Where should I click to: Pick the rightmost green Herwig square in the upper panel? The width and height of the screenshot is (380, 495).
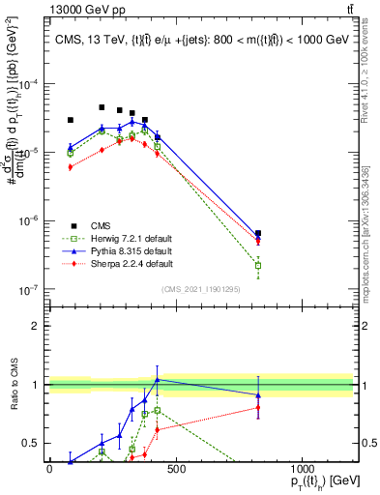click(258, 265)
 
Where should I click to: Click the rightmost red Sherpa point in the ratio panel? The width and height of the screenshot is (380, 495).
click(258, 407)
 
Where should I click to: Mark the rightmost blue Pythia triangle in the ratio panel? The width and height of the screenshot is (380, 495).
click(258, 395)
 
